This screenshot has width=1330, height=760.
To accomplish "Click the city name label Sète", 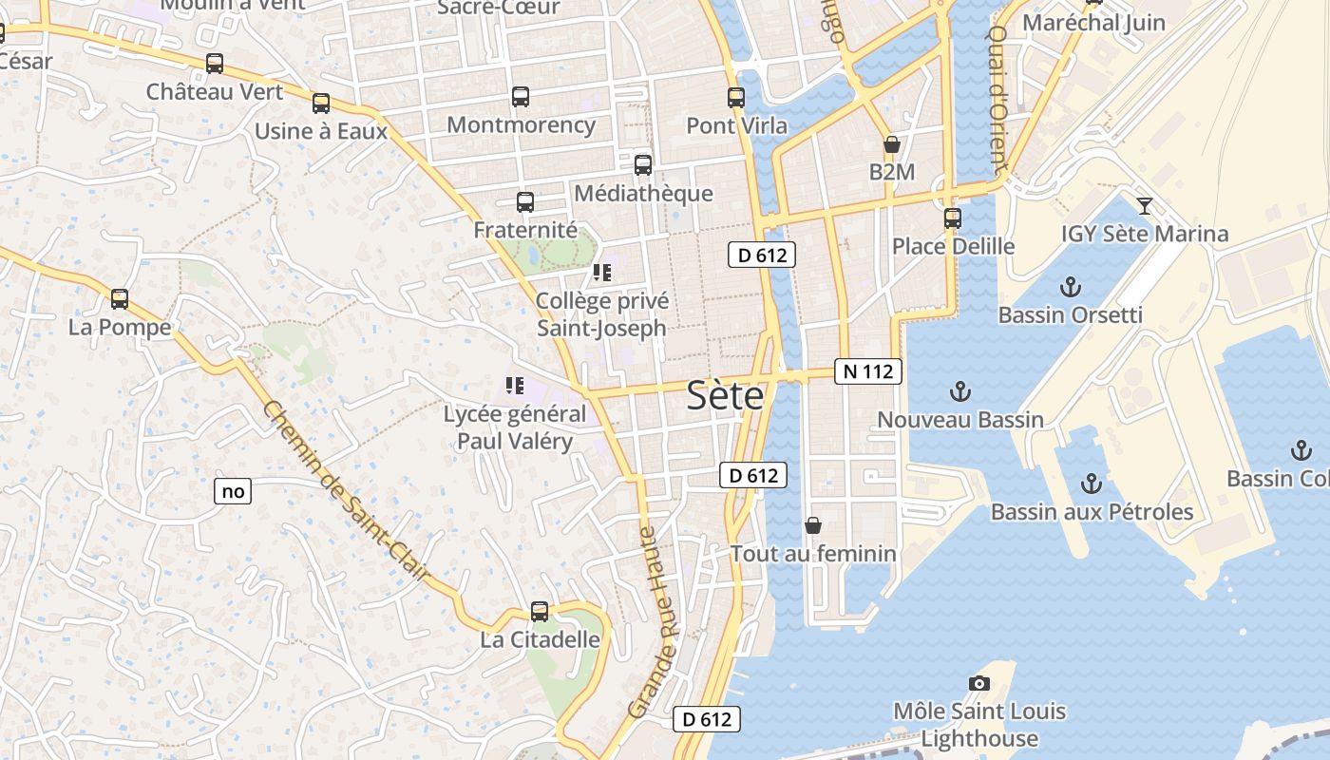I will (x=725, y=394).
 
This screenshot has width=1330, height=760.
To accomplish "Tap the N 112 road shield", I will (x=867, y=371).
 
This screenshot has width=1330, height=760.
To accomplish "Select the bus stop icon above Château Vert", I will (x=215, y=64).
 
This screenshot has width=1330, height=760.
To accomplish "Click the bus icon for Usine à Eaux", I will (x=321, y=104).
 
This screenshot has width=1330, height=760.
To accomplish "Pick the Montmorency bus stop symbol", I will (x=521, y=97).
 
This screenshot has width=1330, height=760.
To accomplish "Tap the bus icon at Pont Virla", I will (x=736, y=98).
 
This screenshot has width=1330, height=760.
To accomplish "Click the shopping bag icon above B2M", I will (x=891, y=145).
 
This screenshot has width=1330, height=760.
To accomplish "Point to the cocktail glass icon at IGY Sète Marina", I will (x=1145, y=206).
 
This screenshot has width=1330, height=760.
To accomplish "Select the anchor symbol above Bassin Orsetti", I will (x=1071, y=287).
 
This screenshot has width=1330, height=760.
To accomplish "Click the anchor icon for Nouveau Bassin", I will (x=960, y=391).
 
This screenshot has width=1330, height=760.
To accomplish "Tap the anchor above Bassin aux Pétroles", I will (x=1092, y=484).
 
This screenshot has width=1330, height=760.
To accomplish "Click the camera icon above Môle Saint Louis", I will (x=979, y=683).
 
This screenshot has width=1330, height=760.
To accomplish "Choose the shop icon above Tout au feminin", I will (x=813, y=525).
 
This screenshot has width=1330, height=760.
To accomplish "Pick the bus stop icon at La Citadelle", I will (x=540, y=612).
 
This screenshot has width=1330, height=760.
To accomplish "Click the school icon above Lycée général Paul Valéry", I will (x=515, y=386).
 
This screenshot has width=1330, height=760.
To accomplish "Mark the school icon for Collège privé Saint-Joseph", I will (x=601, y=273).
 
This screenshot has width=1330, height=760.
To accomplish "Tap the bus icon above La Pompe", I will (x=120, y=299).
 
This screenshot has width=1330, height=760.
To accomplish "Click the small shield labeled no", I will (x=233, y=491).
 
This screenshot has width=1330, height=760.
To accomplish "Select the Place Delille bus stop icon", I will (x=953, y=218).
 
